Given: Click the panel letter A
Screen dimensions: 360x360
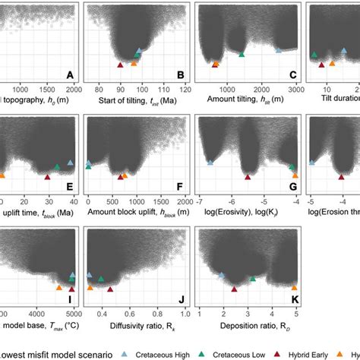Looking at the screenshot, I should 70,75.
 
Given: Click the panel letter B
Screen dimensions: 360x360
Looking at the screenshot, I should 180,75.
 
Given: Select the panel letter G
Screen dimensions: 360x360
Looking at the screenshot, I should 293,186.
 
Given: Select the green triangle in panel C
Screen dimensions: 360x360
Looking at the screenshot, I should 242,54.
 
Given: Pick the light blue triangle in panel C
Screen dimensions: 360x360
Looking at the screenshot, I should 278,49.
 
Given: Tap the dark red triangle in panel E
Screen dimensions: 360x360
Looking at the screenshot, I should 47,177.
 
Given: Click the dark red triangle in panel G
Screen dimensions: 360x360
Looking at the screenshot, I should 246,177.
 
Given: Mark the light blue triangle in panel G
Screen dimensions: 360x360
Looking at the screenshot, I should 210,162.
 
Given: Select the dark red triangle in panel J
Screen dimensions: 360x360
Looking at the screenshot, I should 109,288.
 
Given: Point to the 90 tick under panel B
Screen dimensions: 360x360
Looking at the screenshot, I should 119,88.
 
